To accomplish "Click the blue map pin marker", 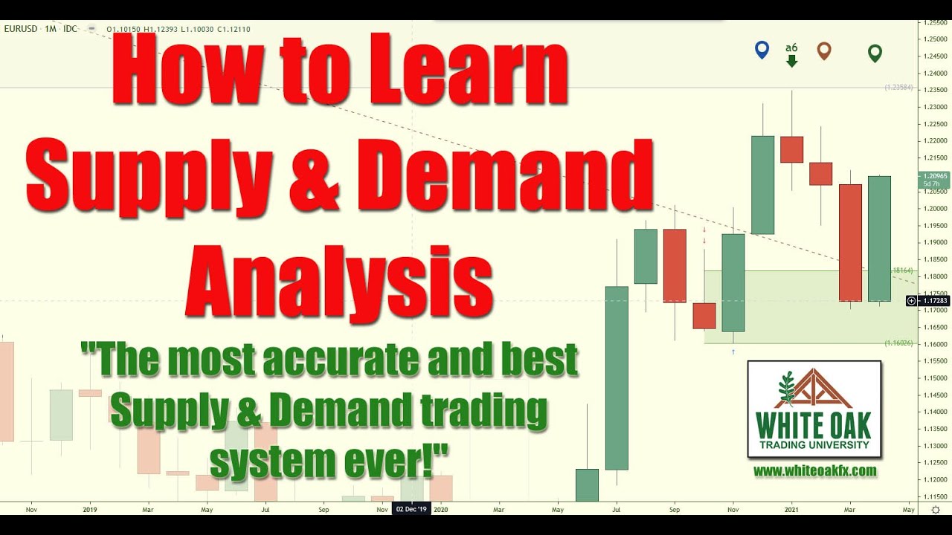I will (761, 50).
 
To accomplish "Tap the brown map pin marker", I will (823, 51).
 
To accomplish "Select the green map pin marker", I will (875, 53).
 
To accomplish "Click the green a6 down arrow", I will (791, 60).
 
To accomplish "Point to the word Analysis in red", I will (338, 276).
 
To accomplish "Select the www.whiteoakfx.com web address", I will (814, 471).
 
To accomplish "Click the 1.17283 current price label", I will (935, 301).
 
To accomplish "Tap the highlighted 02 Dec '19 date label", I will (411, 510).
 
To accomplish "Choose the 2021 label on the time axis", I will (792, 510).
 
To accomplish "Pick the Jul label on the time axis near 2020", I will (616, 510).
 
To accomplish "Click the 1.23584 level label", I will (898, 88).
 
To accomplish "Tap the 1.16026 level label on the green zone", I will (898, 343).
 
